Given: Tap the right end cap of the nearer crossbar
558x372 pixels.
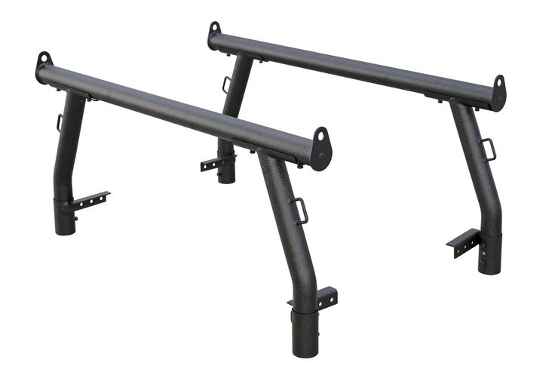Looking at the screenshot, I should [321, 148].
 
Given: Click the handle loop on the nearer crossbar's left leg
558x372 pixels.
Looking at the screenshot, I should [59, 122].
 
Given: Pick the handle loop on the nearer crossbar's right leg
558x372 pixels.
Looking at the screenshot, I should [301, 210].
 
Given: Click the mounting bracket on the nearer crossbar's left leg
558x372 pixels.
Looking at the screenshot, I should [89, 200].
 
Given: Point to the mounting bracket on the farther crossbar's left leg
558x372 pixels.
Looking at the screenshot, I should [215, 162].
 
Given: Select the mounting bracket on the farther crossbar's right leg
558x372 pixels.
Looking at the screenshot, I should [462, 242].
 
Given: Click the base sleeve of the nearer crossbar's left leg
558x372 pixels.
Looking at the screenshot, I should [65, 217].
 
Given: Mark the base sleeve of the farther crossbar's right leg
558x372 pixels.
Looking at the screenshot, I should [489, 254].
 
